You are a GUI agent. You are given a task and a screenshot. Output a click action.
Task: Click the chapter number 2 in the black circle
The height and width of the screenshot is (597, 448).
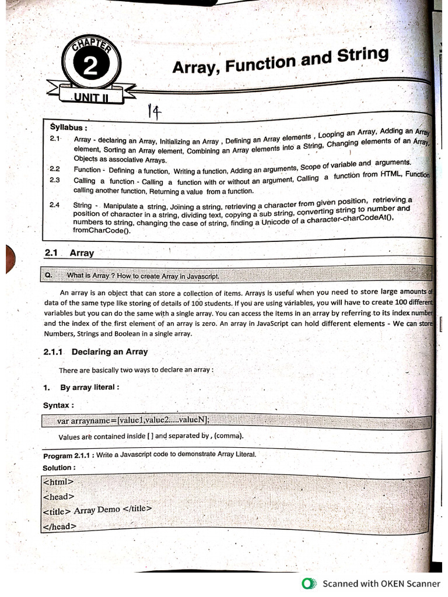pos(90,68)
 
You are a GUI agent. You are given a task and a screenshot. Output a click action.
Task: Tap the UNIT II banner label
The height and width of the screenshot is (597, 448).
pos(91,97)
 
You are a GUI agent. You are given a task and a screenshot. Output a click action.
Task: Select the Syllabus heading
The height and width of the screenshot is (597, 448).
pos(69,127)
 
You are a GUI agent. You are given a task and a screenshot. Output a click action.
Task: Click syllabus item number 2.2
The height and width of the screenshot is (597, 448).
pos(55,169)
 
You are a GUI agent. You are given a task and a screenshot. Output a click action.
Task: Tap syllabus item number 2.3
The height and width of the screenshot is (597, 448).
pos(55,180)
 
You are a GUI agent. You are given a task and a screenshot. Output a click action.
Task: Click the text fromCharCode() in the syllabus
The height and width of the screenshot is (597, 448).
pos(101,230)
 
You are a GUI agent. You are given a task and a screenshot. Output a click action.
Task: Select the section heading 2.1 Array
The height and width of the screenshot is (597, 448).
pos(69,253)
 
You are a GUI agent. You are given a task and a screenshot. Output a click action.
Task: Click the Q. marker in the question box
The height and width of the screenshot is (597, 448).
pos(49,275)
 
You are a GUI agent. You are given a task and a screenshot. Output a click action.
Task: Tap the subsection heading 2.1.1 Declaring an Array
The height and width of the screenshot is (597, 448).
pos(96,352)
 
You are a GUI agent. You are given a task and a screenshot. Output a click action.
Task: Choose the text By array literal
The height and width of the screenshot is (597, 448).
pos(90,387)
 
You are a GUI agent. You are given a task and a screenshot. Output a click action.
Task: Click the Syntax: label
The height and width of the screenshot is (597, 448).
pos(58,405)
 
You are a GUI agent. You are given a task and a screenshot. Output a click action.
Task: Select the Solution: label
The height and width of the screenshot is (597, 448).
pos(59,468)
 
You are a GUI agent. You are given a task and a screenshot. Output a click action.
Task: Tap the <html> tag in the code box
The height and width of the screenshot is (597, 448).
pos(58,482)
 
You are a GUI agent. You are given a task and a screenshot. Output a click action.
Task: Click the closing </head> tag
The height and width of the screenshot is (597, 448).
pos(60,526)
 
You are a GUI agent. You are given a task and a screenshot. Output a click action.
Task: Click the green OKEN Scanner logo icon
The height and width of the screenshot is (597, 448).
pos(309,583)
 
